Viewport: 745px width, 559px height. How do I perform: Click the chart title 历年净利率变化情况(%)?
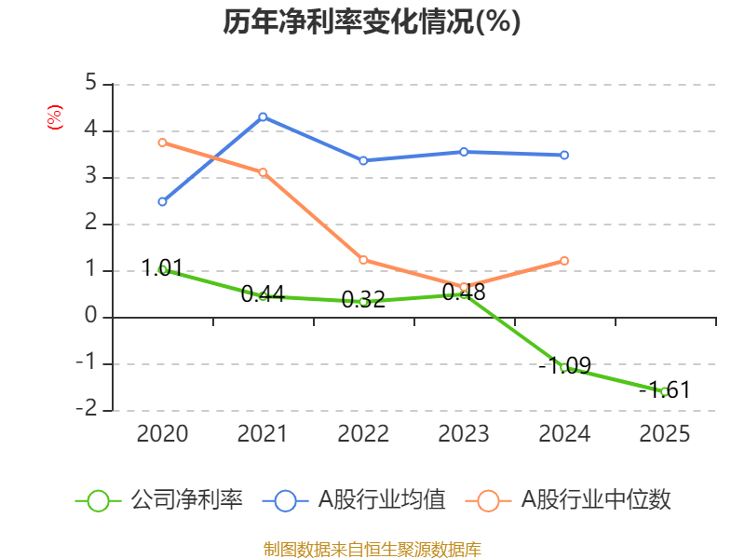click(x=372, y=22)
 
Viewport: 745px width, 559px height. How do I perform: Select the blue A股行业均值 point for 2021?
click(x=263, y=116)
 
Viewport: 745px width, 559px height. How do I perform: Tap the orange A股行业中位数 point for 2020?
click(x=162, y=143)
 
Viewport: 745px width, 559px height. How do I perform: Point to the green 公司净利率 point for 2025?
click(x=664, y=391)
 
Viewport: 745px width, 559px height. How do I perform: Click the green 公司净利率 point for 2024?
click(x=563, y=368)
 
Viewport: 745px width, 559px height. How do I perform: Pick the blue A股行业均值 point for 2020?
click(x=162, y=201)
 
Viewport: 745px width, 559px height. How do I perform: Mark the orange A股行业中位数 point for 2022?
click(x=363, y=260)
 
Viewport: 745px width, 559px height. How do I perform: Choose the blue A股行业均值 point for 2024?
click(x=563, y=155)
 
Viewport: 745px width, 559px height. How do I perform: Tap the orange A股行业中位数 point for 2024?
click(x=563, y=261)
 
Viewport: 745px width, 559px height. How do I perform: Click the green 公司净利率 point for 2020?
click(x=162, y=269)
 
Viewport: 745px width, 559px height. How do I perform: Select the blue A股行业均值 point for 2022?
click(x=363, y=160)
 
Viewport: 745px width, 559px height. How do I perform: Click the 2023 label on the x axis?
click(x=463, y=434)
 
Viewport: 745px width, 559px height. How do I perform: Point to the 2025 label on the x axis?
click(x=664, y=434)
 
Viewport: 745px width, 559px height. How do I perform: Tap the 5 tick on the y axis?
click(x=90, y=83)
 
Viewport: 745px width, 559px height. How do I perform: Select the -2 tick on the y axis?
click(x=87, y=410)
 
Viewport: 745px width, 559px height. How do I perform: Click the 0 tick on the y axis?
click(x=90, y=317)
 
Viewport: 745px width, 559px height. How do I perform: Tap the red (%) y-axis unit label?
click(x=55, y=117)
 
